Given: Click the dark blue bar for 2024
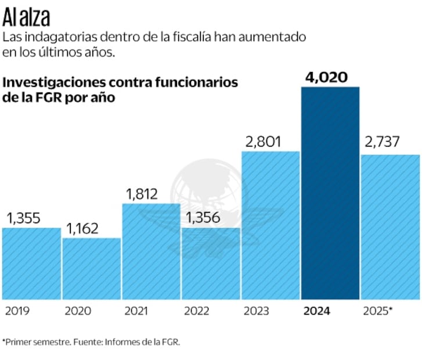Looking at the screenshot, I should [x=330, y=193].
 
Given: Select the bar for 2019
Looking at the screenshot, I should [x=31, y=264].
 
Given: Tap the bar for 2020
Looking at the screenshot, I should [x=92, y=269].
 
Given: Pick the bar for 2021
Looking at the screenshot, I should [x=152, y=251].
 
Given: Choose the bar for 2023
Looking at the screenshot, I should [x=270, y=225].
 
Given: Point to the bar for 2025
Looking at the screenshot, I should [x=390, y=227].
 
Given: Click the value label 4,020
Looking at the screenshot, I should [x=330, y=77].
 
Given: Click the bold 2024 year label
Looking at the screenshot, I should [x=316, y=311].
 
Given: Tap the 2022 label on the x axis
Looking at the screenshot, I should [x=197, y=311].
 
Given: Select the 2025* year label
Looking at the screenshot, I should [x=377, y=311].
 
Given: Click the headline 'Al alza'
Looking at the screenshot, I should [x=26, y=18].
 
